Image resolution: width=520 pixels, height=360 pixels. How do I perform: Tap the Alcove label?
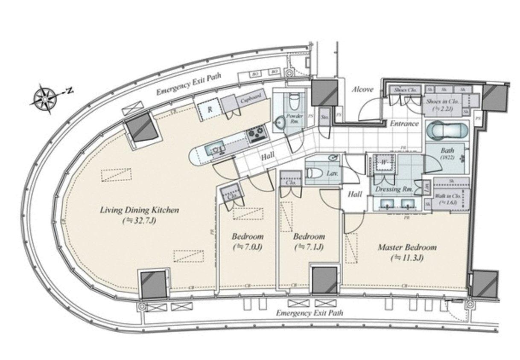click(363, 90)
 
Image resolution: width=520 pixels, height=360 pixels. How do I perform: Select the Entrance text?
click(404, 124)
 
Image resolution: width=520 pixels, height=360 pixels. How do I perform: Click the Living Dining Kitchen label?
click(140, 210)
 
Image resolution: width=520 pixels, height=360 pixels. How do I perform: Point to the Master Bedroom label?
click(407, 247)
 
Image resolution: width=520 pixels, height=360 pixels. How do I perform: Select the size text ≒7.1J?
click(309, 247)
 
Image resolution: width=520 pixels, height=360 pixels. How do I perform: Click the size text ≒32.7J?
click(140, 221)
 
